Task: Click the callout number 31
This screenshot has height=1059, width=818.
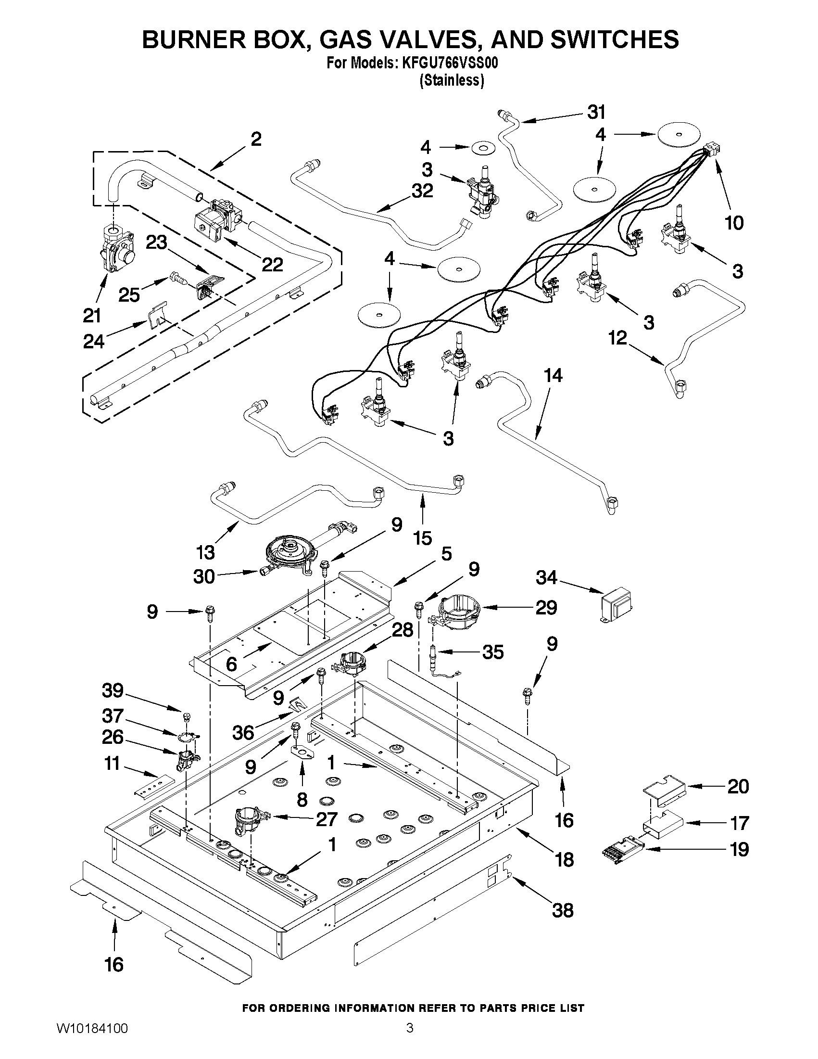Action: click(x=596, y=113)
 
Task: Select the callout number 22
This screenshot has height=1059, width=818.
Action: click(x=272, y=264)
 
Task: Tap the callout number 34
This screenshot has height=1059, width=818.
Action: click(x=547, y=577)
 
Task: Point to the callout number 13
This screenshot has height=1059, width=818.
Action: click(x=205, y=552)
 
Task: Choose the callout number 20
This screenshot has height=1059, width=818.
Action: click(x=738, y=786)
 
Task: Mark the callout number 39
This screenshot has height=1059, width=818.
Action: click(x=113, y=690)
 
